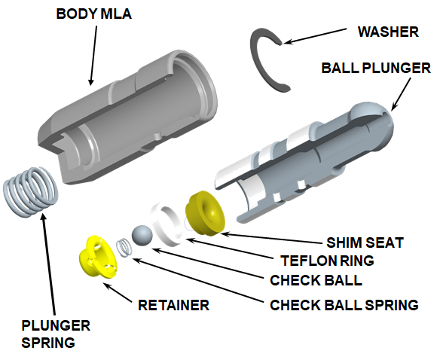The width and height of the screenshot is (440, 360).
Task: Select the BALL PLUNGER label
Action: tap(376, 68)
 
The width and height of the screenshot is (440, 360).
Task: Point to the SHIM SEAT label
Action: tap(365, 243)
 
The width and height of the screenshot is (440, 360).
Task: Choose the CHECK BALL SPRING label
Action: tap(344, 305)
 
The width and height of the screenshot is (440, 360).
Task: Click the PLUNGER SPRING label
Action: tap(57, 335)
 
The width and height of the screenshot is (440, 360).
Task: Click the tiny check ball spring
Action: tap(123, 246)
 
